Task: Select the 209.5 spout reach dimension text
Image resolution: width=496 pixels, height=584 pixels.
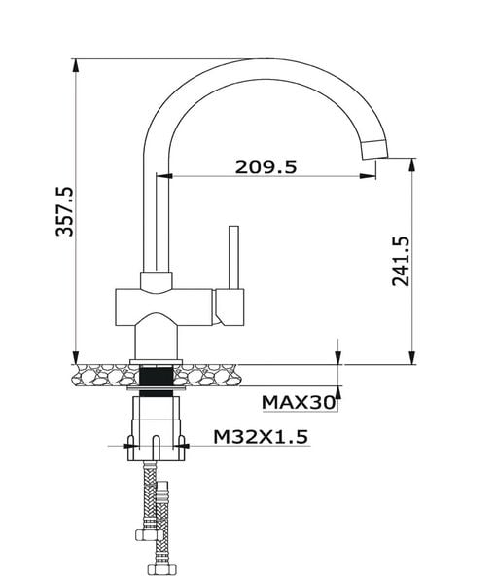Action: (266, 166)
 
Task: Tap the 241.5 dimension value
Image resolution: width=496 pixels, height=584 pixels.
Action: (400, 261)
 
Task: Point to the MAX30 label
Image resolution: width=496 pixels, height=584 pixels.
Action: (298, 401)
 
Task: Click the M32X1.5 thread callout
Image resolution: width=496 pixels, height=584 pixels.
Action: (260, 438)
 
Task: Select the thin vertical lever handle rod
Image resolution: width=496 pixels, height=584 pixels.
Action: (233, 258)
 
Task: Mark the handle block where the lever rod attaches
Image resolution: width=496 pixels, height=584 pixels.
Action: (231, 310)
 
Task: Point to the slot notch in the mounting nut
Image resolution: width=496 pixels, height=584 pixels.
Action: (156, 447)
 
